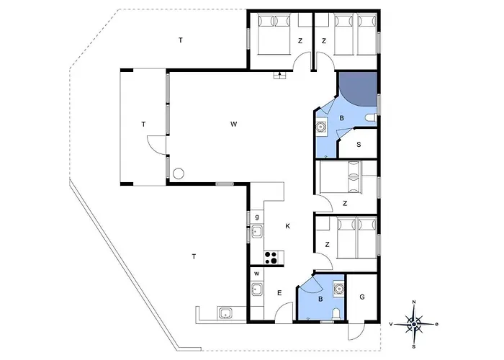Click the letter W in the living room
pyautogui.click(x=233, y=125)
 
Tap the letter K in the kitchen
pyautogui.click(x=287, y=227)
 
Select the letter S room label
pyautogui.click(x=358, y=145)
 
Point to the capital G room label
pyautogui.click(x=362, y=296)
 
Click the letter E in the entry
pyautogui.click(x=278, y=293)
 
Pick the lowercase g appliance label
pyautogui.click(x=256, y=216)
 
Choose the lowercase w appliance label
pyautogui.click(x=256, y=274)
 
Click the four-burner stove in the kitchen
pyautogui.click(x=273, y=257)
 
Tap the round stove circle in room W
pyautogui.click(x=178, y=174)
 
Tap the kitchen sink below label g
pyautogui.click(x=256, y=232)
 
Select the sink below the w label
pyautogui.click(x=256, y=290)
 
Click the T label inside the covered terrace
pyautogui.click(x=143, y=125)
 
